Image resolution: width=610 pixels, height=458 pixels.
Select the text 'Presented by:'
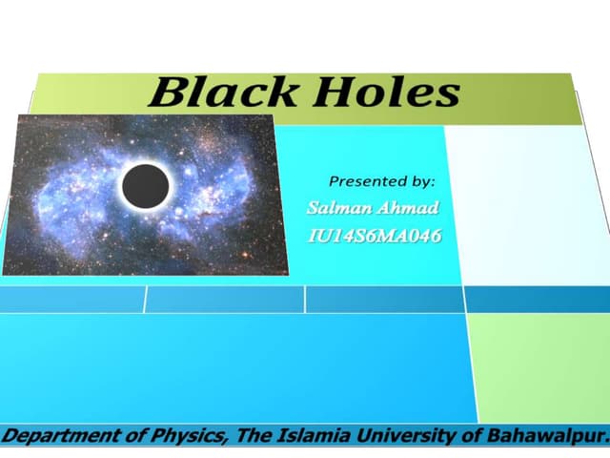(x=381, y=179)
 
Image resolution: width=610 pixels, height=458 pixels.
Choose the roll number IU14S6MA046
(x=376, y=236)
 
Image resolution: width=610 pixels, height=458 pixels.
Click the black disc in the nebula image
(x=146, y=184)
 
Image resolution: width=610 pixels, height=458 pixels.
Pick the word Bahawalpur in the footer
(x=545, y=437)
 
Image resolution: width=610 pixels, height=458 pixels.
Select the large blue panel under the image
(x=238, y=367)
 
